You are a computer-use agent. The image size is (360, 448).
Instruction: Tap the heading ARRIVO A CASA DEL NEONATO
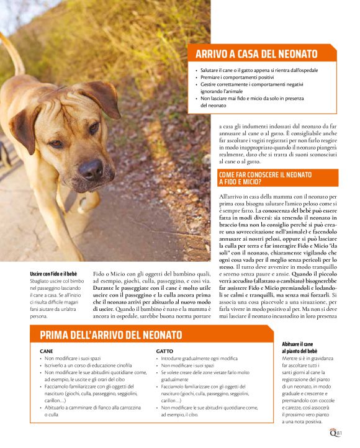[256, 54]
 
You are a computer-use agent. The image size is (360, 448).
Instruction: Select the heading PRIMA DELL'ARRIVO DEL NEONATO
[111, 335]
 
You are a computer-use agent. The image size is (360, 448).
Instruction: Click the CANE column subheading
[46, 351]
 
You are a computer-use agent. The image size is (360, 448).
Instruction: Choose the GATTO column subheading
[164, 351]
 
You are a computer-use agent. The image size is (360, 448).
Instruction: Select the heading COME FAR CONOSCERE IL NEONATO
[265, 175]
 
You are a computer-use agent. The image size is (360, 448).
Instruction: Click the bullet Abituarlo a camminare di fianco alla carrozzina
[92, 407]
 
